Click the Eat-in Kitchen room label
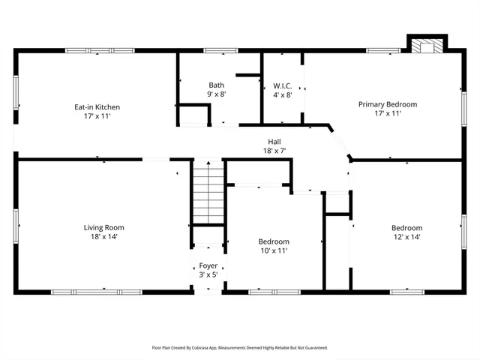[x=97, y=107]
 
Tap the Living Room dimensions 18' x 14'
[x=104, y=237]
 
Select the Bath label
[x=216, y=85]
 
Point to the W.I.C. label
[x=282, y=85]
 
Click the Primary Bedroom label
[x=387, y=104]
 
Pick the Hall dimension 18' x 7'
[x=274, y=151]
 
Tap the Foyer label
[x=208, y=265]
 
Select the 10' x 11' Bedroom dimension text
[x=274, y=250]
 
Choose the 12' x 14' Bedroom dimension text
[x=406, y=237]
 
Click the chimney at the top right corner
[x=426, y=44]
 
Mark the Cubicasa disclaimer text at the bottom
[x=240, y=347]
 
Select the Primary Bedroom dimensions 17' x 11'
[x=387, y=113]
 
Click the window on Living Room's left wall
[x=15, y=224]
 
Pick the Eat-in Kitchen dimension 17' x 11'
[x=97, y=116]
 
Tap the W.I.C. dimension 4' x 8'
[x=282, y=94]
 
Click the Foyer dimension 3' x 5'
[x=208, y=274]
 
